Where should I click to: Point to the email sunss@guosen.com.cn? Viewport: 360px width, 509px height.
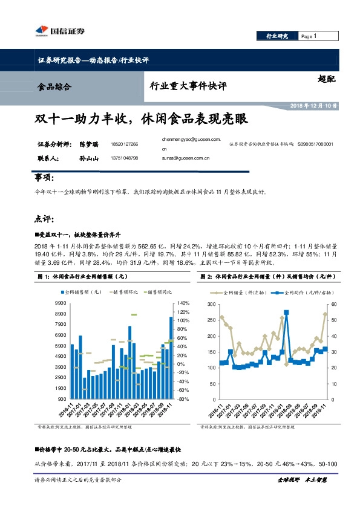[185, 158]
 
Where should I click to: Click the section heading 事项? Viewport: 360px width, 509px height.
[45, 178]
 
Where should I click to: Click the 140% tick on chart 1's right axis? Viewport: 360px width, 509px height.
[183, 303]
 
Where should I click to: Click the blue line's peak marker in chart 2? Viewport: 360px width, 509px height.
[286, 313]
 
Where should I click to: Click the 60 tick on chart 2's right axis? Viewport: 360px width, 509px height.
[335, 303]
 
